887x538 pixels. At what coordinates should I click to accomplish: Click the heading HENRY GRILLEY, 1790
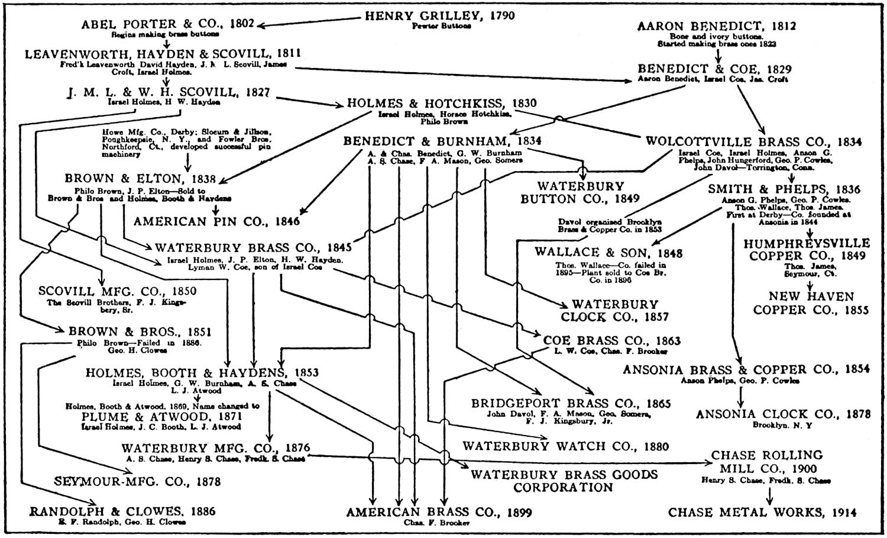[439, 16]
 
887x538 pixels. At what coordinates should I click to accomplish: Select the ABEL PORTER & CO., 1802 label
[167, 24]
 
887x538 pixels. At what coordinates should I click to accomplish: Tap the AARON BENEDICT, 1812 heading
[717, 26]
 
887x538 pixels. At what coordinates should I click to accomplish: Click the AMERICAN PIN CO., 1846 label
[216, 222]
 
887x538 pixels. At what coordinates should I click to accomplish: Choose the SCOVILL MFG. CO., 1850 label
[118, 291]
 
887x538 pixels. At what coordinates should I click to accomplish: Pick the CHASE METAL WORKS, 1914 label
[762, 513]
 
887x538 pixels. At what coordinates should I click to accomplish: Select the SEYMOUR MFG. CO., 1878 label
[137, 482]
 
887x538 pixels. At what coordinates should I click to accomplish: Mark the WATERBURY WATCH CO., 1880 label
[565, 446]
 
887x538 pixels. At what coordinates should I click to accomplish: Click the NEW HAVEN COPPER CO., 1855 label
[811, 303]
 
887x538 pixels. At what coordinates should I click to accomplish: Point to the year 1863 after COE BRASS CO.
[664, 341]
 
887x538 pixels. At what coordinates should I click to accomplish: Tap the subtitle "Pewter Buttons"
[442, 26]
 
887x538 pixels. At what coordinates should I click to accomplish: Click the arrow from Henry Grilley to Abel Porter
[307, 22]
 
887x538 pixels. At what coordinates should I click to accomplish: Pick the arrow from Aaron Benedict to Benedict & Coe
[718, 56]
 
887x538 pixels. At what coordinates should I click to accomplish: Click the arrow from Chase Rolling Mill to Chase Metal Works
[770, 495]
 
